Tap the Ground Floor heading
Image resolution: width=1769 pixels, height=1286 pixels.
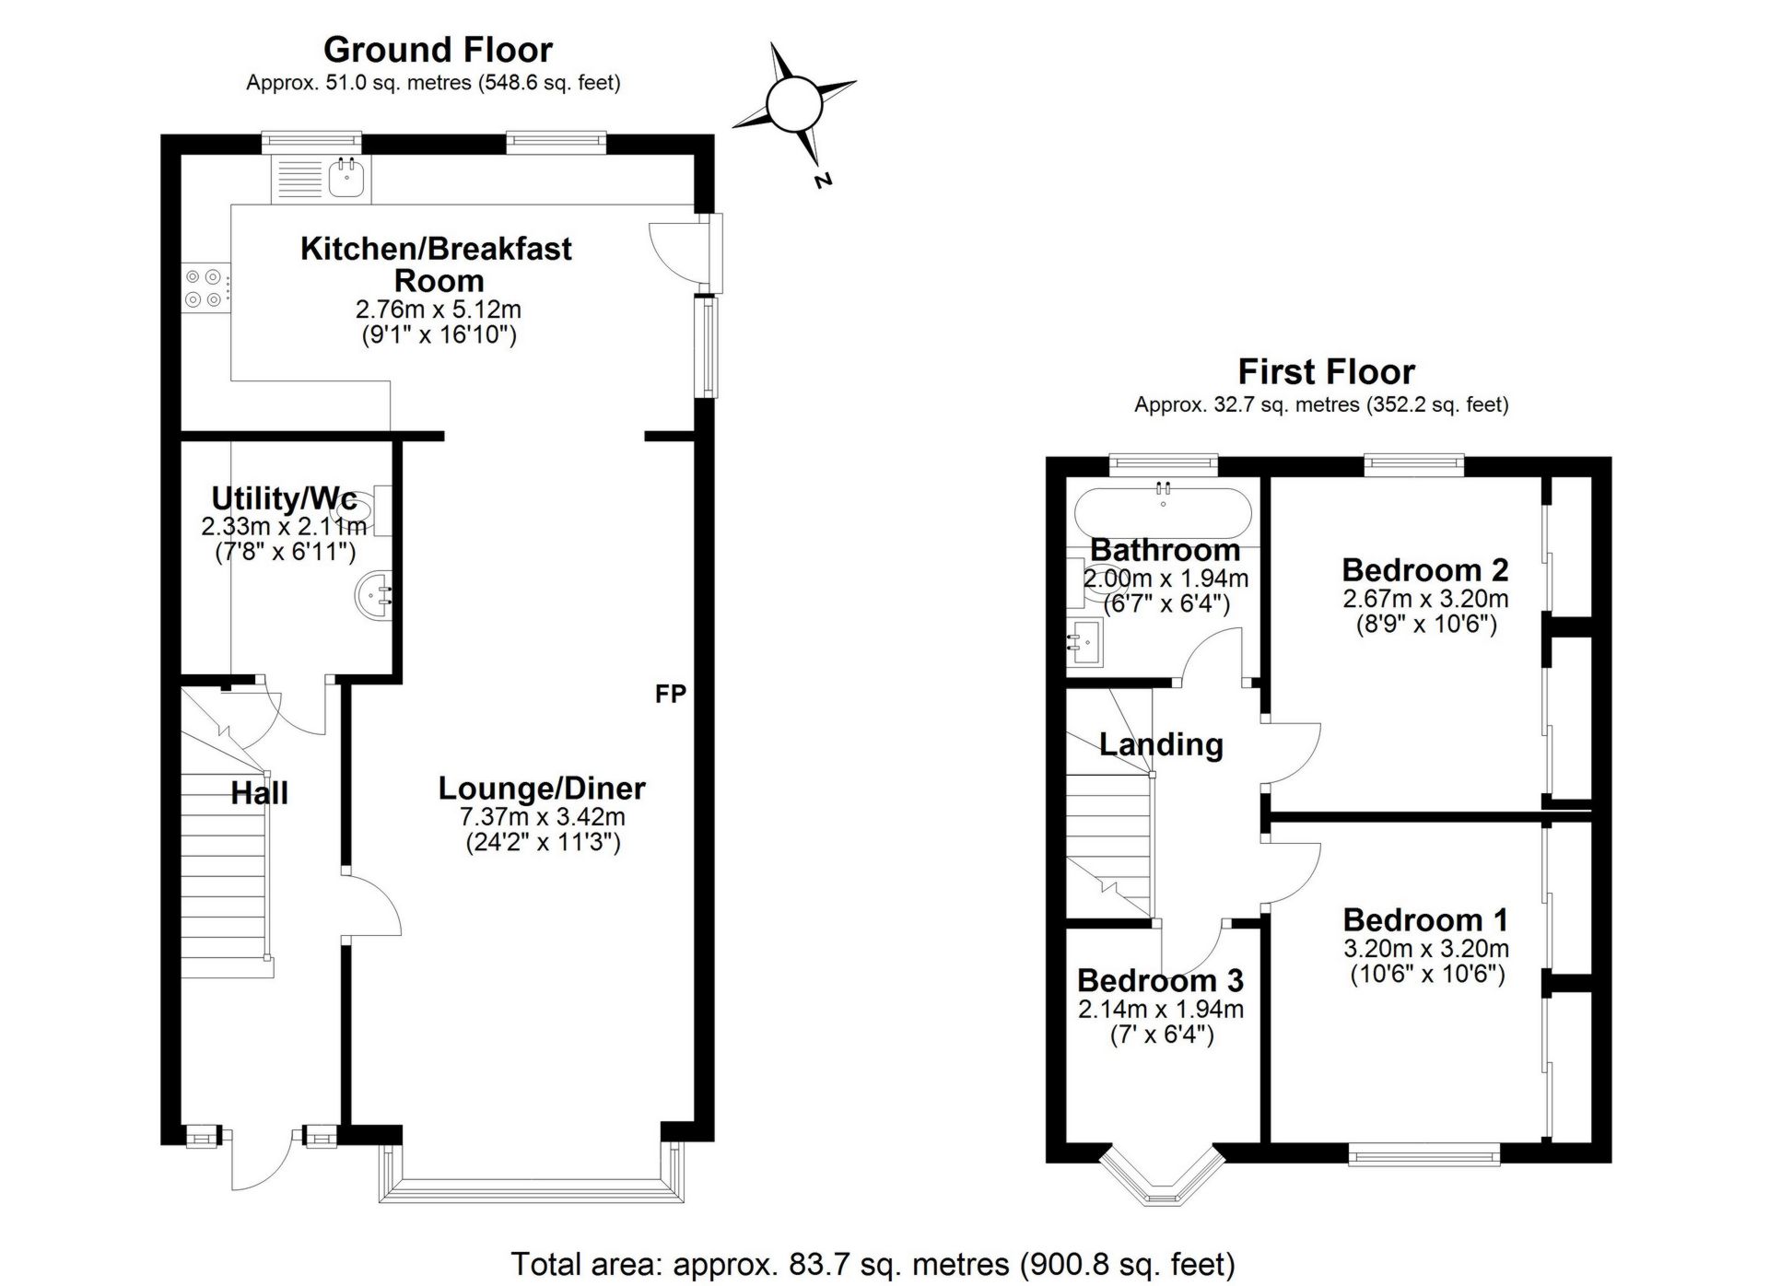(438, 49)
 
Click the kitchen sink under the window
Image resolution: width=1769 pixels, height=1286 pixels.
(347, 179)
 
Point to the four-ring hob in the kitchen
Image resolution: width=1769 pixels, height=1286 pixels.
(205, 286)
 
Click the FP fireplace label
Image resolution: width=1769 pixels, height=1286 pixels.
(670, 694)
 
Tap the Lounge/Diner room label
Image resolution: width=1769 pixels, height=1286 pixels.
(541, 788)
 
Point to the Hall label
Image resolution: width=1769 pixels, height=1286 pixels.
(259, 793)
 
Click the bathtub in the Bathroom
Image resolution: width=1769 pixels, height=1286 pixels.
(1163, 513)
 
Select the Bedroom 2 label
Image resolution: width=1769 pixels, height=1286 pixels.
(1424, 570)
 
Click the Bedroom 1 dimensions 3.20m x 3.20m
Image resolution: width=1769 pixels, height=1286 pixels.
(1425, 948)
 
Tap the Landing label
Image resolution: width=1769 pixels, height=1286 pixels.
(1160, 743)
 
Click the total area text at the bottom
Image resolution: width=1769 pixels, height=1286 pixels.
(873, 1264)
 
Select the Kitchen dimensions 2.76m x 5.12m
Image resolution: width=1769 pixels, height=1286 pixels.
(438, 310)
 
